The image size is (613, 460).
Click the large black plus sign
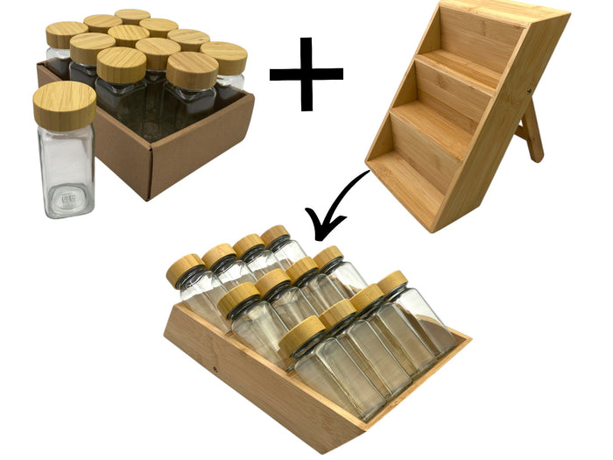click(306, 74)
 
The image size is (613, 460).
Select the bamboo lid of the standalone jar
click(64, 105)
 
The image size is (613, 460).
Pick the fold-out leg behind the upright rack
click(529, 131)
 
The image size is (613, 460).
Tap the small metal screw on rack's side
click(529, 89)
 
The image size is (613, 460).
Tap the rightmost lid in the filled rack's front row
click(391, 281)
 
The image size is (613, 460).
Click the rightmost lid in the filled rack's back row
click(276, 234)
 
